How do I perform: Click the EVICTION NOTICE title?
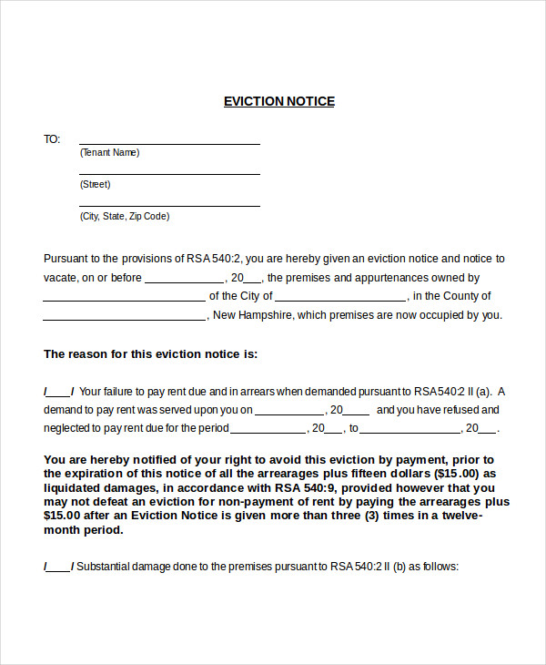[279, 101]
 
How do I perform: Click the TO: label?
[52, 139]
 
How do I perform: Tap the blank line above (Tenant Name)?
[169, 142]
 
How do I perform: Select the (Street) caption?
[95, 184]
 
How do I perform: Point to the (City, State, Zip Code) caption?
[125, 216]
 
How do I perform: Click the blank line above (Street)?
[169, 173]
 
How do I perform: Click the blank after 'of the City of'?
[340, 299]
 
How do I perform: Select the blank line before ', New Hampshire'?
[124, 319]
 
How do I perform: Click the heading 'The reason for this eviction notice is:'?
[151, 353]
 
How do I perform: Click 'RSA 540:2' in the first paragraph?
[215, 259]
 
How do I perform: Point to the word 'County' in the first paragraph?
[471, 296]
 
